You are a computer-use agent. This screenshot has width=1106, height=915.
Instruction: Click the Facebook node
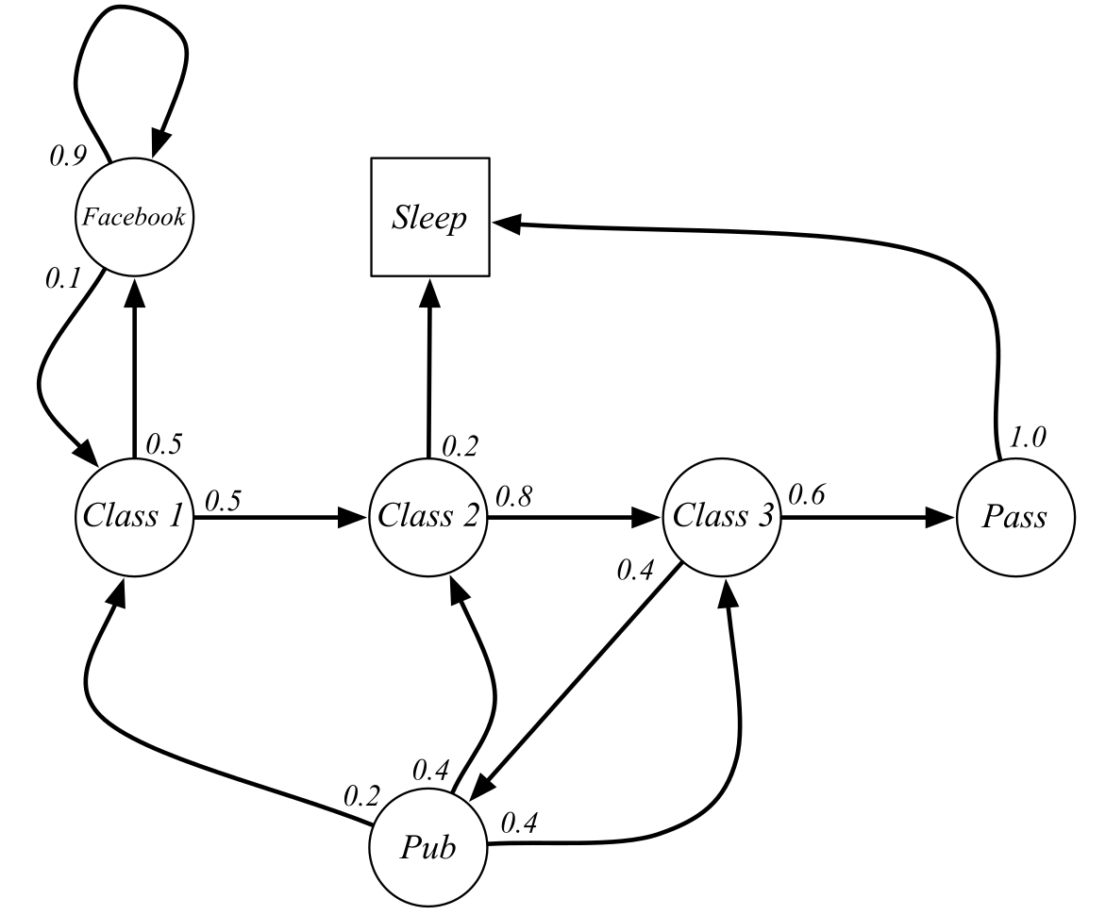coord(134,218)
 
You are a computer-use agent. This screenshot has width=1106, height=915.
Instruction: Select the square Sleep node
coord(430,218)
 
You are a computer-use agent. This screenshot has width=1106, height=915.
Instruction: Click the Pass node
coord(1015,517)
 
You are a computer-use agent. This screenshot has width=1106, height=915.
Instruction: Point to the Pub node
coord(428,846)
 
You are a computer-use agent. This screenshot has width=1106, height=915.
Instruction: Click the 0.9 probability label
coord(68,155)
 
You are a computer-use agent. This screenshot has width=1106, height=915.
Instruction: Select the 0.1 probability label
coord(64,279)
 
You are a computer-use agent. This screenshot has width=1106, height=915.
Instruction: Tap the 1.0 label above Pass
coord(1027,438)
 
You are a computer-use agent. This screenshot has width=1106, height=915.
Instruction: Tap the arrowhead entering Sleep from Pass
coord(507,224)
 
